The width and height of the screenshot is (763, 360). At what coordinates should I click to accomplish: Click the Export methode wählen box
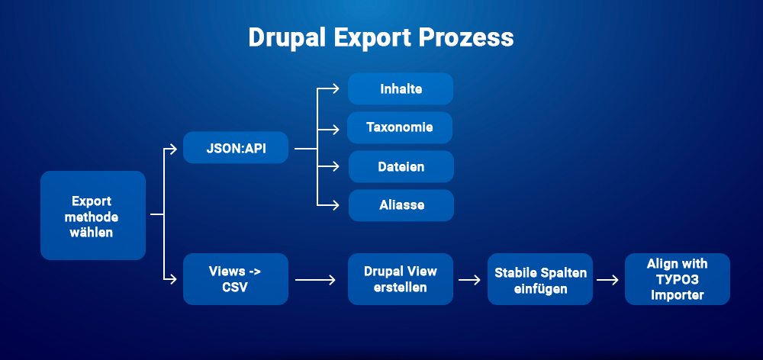point(92,216)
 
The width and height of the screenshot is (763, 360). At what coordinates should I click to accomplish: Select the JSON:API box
point(236,147)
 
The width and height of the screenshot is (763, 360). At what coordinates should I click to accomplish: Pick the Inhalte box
point(401,89)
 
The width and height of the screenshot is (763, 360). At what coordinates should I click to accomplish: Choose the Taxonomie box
point(400,127)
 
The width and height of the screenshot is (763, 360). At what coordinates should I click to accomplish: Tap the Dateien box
point(401,166)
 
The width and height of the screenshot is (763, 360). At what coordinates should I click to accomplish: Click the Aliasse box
point(401,205)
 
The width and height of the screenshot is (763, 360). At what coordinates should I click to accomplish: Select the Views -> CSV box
point(236,279)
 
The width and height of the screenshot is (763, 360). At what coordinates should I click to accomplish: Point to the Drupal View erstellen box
point(401,279)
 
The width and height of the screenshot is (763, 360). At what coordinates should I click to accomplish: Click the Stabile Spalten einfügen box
point(540,279)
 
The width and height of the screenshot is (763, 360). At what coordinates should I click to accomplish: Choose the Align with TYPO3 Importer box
point(677,279)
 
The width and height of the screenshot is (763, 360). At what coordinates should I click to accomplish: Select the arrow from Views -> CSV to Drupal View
point(316,280)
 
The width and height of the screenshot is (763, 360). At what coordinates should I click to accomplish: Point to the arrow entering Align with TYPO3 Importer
point(607,280)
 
